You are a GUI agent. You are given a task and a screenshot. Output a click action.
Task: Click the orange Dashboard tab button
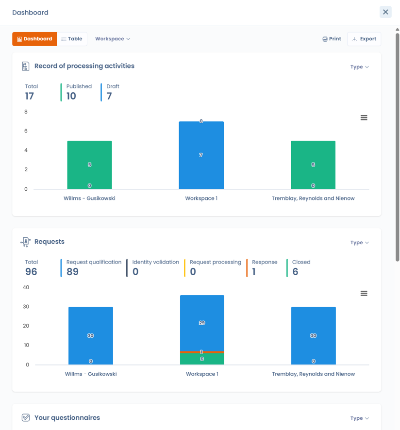pos(34,39)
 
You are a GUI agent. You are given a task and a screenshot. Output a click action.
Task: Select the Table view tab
pos(72,39)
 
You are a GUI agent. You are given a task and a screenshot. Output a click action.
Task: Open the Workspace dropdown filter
pos(113,39)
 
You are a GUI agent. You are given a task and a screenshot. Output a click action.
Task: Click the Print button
pos(332,39)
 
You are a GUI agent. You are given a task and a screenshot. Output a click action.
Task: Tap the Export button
pos(364,39)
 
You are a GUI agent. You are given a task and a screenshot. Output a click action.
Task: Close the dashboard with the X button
pos(385,12)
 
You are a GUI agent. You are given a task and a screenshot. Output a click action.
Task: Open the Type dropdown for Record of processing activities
pos(360,67)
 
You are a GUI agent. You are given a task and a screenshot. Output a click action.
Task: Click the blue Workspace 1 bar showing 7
pos(201,155)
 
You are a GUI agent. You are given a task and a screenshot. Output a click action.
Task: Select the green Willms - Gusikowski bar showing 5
pos(89,165)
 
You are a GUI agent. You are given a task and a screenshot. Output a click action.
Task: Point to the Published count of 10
pos(71,96)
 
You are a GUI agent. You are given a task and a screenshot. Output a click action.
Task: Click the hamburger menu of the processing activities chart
pos(364,117)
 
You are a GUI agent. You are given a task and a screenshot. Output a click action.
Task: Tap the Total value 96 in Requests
pos(31,272)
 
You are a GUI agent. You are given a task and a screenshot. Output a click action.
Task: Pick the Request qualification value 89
pos(72,272)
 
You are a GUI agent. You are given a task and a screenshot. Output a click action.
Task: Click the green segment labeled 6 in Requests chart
pos(202,359)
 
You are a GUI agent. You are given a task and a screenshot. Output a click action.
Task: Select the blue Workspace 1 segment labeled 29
pos(202,323)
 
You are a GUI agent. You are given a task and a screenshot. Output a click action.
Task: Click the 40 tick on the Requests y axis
pos(26,287)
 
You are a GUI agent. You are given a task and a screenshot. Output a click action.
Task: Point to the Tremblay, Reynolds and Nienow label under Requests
pos(313,374)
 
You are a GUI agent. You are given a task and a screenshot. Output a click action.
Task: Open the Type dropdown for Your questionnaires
pos(360,418)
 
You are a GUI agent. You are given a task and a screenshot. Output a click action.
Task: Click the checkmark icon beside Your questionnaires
pos(26,418)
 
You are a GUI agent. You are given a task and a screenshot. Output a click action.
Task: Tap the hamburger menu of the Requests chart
pos(364,294)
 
